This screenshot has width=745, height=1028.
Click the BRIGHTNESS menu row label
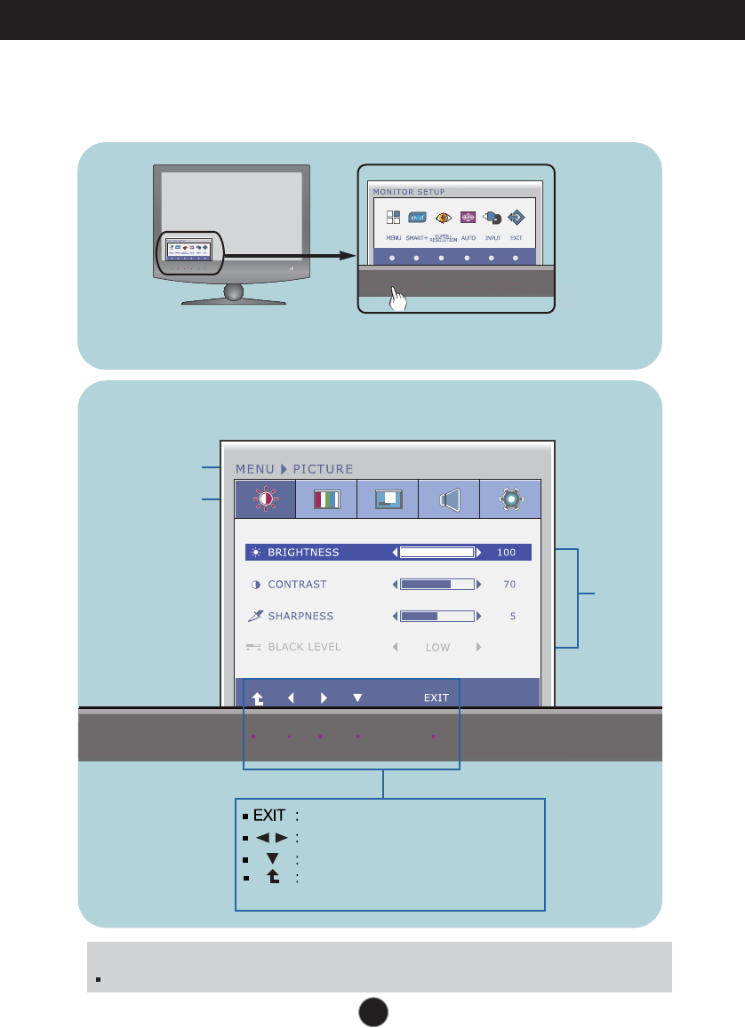[x=303, y=553]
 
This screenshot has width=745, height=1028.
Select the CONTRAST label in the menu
[x=297, y=585]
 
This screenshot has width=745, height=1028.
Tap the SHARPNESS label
[x=300, y=616]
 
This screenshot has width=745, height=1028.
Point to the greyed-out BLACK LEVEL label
[x=304, y=647]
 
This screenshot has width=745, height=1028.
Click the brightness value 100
[x=506, y=553]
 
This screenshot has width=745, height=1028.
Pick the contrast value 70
[x=509, y=585]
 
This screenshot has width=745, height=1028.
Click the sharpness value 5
[x=513, y=616]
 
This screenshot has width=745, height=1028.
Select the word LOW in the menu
[x=437, y=648]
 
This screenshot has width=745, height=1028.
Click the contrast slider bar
[x=437, y=585]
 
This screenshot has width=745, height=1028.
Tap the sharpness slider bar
[x=437, y=616]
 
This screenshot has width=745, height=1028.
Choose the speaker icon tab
[x=449, y=499]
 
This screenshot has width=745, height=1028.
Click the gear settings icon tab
[x=510, y=499]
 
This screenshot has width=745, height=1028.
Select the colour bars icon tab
[x=326, y=499]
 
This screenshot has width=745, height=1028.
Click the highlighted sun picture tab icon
[x=265, y=499]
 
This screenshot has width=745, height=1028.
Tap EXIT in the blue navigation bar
[x=436, y=697]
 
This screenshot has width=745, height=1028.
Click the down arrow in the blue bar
[x=357, y=697]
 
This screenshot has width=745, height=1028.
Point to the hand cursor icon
[x=399, y=300]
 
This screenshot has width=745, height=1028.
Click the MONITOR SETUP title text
[x=409, y=191]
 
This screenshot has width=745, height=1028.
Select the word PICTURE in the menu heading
[x=323, y=468]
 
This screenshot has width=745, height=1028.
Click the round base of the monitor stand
[x=232, y=293]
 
